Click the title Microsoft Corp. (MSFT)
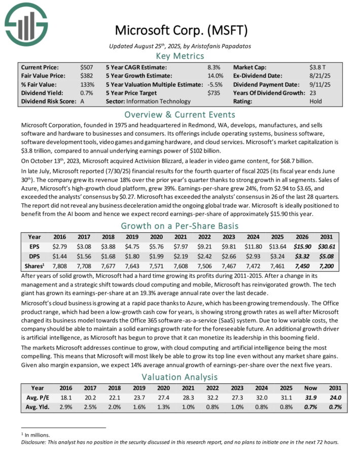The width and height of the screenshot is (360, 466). click(x=181, y=30)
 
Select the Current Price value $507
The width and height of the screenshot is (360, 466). click(x=86, y=67)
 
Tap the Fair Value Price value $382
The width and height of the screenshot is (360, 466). click(x=86, y=76)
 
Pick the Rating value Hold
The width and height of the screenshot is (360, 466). click(x=316, y=101)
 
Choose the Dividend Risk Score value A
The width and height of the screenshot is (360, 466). click(x=83, y=101)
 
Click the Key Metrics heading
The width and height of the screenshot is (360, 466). click(x=180, y=56)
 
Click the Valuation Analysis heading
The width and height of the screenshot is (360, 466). click(x=180, y=377)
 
